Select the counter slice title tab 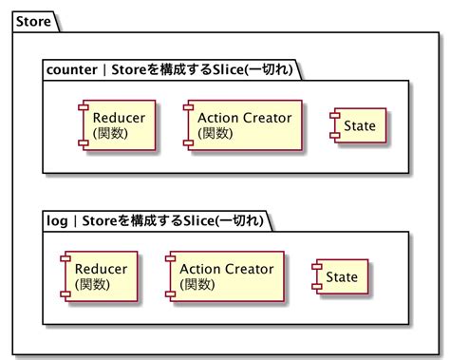171,69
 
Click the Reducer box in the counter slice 118,124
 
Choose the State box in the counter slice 357,124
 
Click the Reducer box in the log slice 100,276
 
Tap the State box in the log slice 339,276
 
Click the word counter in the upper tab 74,69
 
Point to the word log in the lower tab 57,220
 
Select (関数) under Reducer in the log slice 91,285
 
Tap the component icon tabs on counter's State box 331,124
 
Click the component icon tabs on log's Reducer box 64,276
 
